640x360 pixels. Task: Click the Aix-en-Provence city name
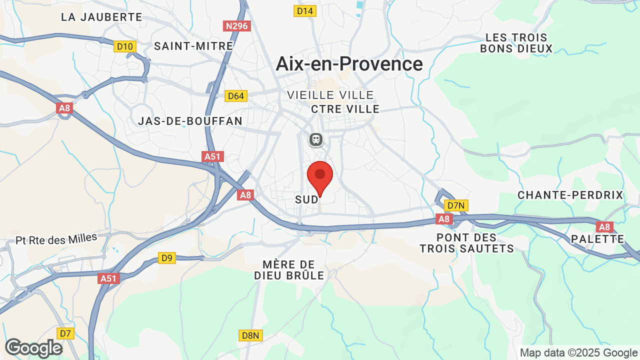tap(349, 64)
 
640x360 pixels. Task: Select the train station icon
tap(316, 139)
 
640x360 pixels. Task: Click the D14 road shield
tap(305, 11)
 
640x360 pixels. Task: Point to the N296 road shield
tap(237, 26)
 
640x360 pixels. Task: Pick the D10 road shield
tap(124, 46)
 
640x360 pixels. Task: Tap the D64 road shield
tap(236, 96)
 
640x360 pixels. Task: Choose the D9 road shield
tap(167, 258)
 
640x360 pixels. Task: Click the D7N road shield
tap(456, 205)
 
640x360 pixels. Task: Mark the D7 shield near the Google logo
tap(65, 333)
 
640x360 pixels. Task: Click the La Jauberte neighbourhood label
tap(101, 17)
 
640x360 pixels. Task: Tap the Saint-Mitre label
tap(193, 46)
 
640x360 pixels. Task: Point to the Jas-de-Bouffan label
tap(190, 121)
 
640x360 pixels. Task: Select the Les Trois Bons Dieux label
tap(516, 43)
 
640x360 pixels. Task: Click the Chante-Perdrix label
tap(570, 195)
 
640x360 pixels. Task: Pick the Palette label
tap(597, 239)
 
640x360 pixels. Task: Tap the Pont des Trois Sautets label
tap(466, 243)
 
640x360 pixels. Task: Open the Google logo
tap(33, 348)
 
